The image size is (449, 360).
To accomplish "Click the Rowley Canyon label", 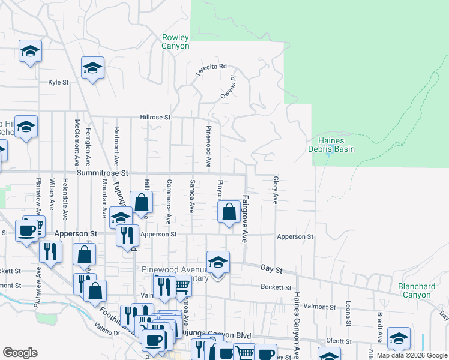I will (x=175, y=41).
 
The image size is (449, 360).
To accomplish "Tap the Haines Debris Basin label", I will (x=331, y=145).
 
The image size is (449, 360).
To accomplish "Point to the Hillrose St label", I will (x=155, y=118).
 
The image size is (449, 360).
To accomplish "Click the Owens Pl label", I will (x=228, y=87).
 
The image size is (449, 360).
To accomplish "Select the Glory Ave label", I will (x=276, y=190).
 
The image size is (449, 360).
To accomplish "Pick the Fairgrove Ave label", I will (x=246, y=217).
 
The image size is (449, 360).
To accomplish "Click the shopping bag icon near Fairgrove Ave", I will (x=229, y=212).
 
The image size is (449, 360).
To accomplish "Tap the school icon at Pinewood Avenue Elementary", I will (x=217, y=262).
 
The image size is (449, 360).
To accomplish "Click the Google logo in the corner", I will (x=20, y=352).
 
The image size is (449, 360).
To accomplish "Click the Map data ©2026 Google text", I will (x=412, y=356).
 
